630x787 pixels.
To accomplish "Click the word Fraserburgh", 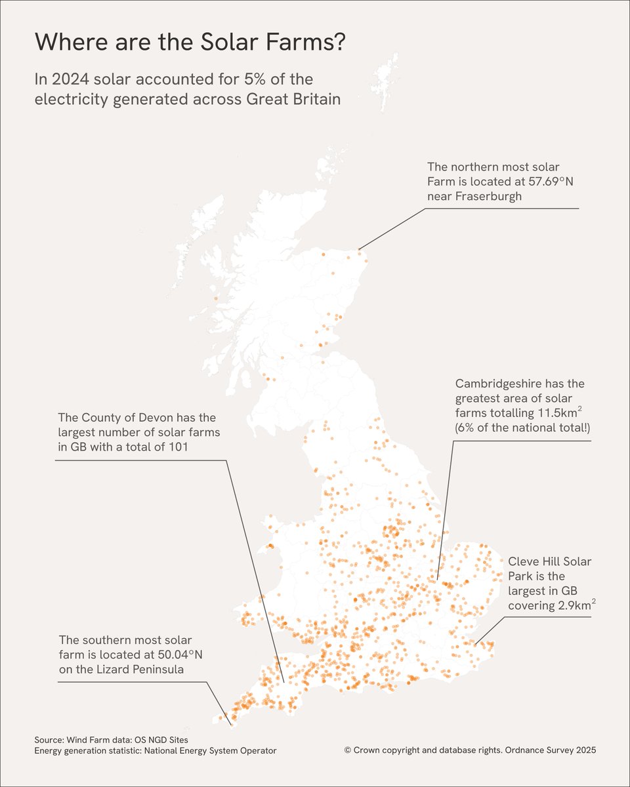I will [488, 196].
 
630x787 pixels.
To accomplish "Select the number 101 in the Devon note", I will [184, 448].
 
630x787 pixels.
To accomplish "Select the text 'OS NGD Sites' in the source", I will [159, 738].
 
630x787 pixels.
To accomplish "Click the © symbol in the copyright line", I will [347, 750].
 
